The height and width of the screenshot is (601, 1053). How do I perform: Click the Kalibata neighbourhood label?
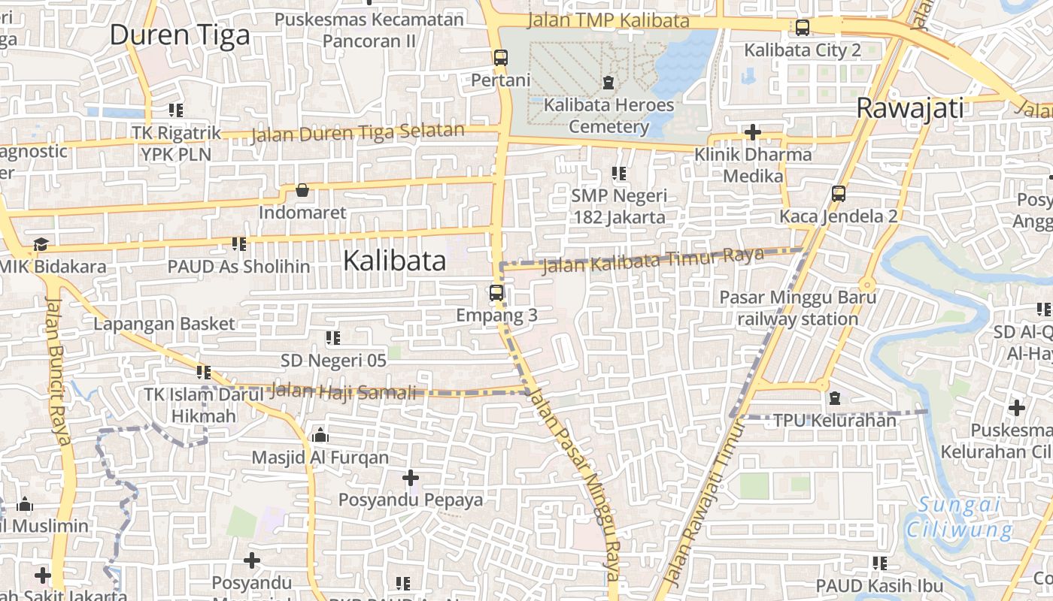[394, 261]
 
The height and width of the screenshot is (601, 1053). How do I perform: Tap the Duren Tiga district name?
[180, 35]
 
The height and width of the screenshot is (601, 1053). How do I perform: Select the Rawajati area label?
[910, 108]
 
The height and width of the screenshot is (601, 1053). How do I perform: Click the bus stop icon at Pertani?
[501, 58]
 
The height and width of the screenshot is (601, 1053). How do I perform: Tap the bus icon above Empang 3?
[496, 293]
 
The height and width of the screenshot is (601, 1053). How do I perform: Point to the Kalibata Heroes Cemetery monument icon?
[608, 83]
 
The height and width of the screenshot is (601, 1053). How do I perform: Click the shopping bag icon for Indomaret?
[302, 190]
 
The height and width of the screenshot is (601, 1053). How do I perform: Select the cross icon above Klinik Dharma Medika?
[752, 133]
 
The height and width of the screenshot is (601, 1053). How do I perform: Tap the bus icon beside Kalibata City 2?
[803, 28]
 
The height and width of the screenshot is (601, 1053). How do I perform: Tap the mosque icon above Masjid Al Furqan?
[320, 435]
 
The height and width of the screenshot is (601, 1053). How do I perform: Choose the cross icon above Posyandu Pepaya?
[411, 477]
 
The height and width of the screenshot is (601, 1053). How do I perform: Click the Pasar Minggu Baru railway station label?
[797, 308]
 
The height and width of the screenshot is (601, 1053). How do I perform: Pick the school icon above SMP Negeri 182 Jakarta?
[619, 174]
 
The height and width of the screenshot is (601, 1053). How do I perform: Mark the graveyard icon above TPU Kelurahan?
[834, 397]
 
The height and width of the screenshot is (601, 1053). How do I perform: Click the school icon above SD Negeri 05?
[333, 338]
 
